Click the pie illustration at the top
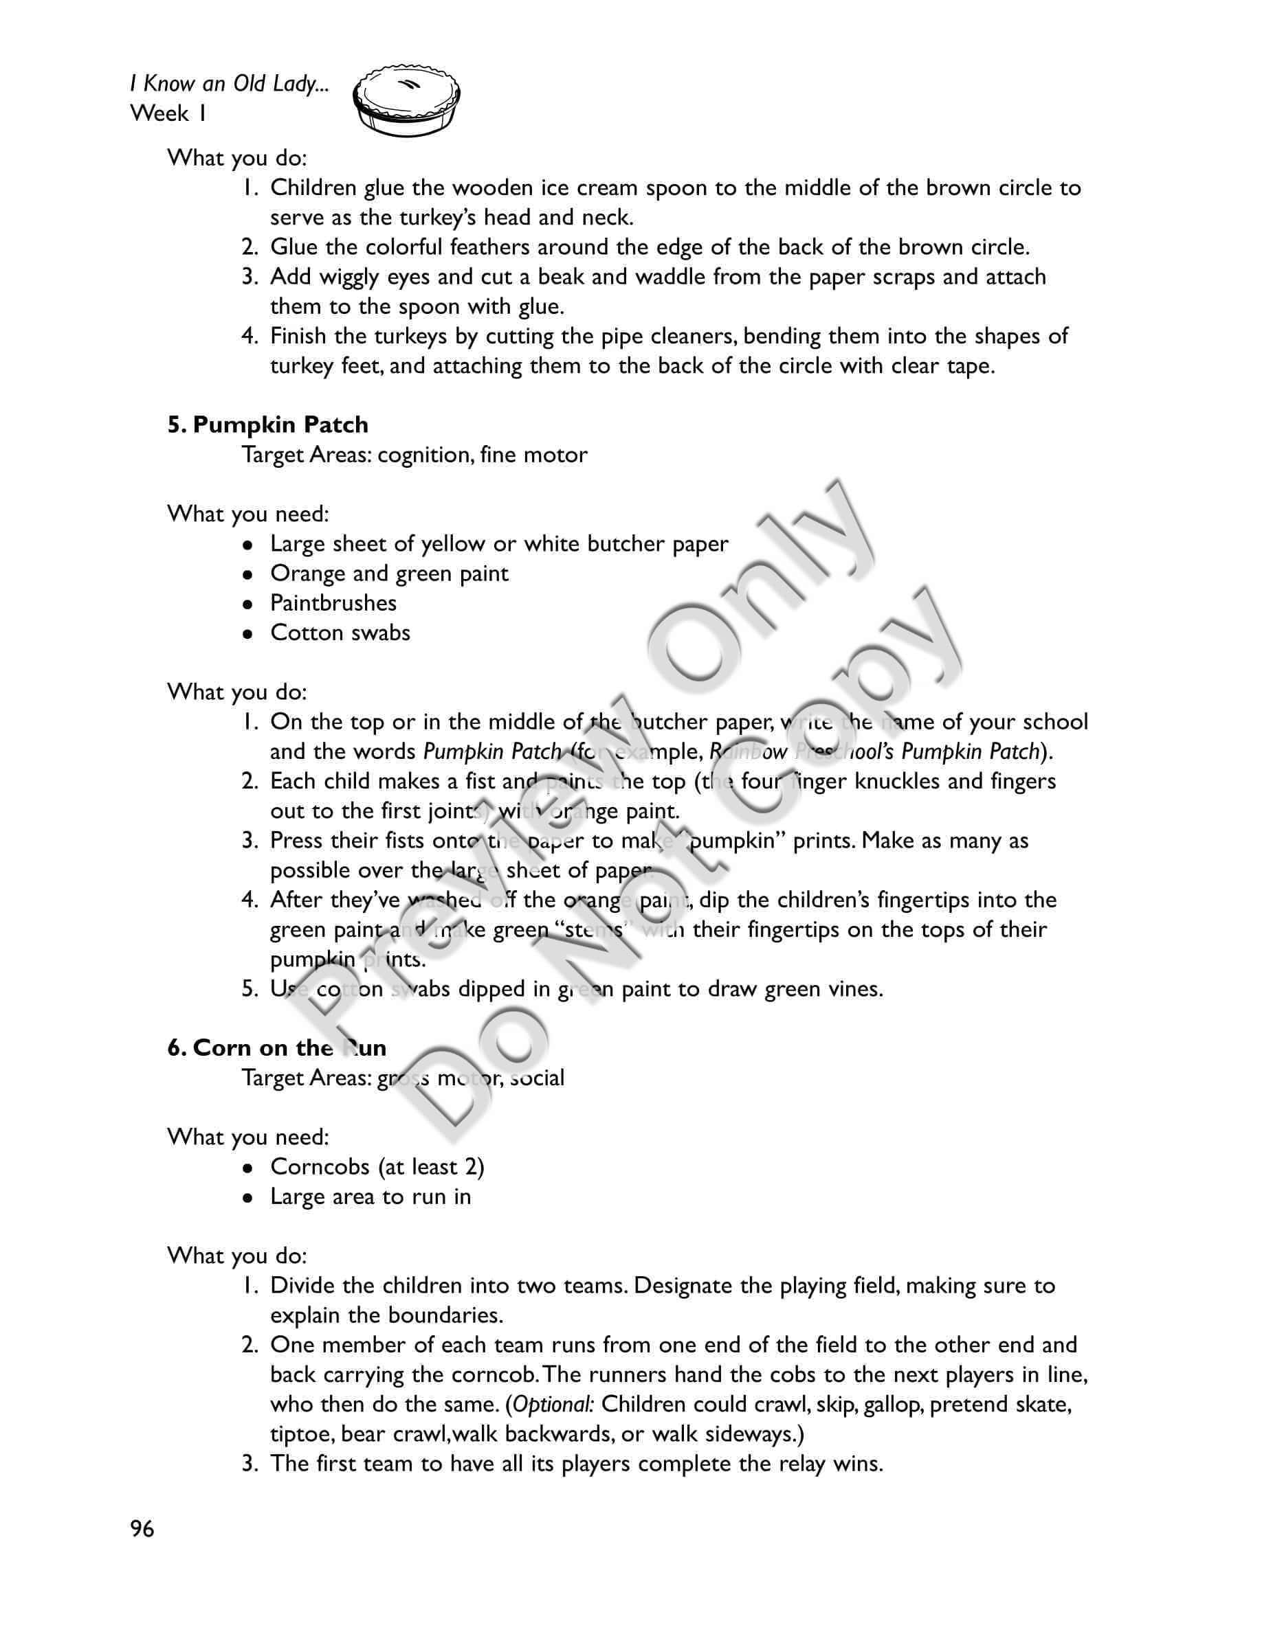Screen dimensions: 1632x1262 click(x=406, y=102)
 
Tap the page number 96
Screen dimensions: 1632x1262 click(x=142, y=1529)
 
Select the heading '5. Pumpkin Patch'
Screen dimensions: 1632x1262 click(x=267, y=424)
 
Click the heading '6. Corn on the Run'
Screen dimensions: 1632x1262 click(x=276, y=1047)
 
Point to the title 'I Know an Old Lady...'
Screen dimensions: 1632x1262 click(x=229, y=84)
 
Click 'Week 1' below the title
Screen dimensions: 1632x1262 click(x=168, y=113)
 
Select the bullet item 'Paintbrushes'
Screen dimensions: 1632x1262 click(x=333, y=603)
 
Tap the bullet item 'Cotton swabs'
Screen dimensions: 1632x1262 click(x=340, y=633)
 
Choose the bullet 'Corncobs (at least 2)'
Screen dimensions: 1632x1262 click(x=377, y=1166)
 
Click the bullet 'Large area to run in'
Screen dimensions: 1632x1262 click(x=370, y=1197)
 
